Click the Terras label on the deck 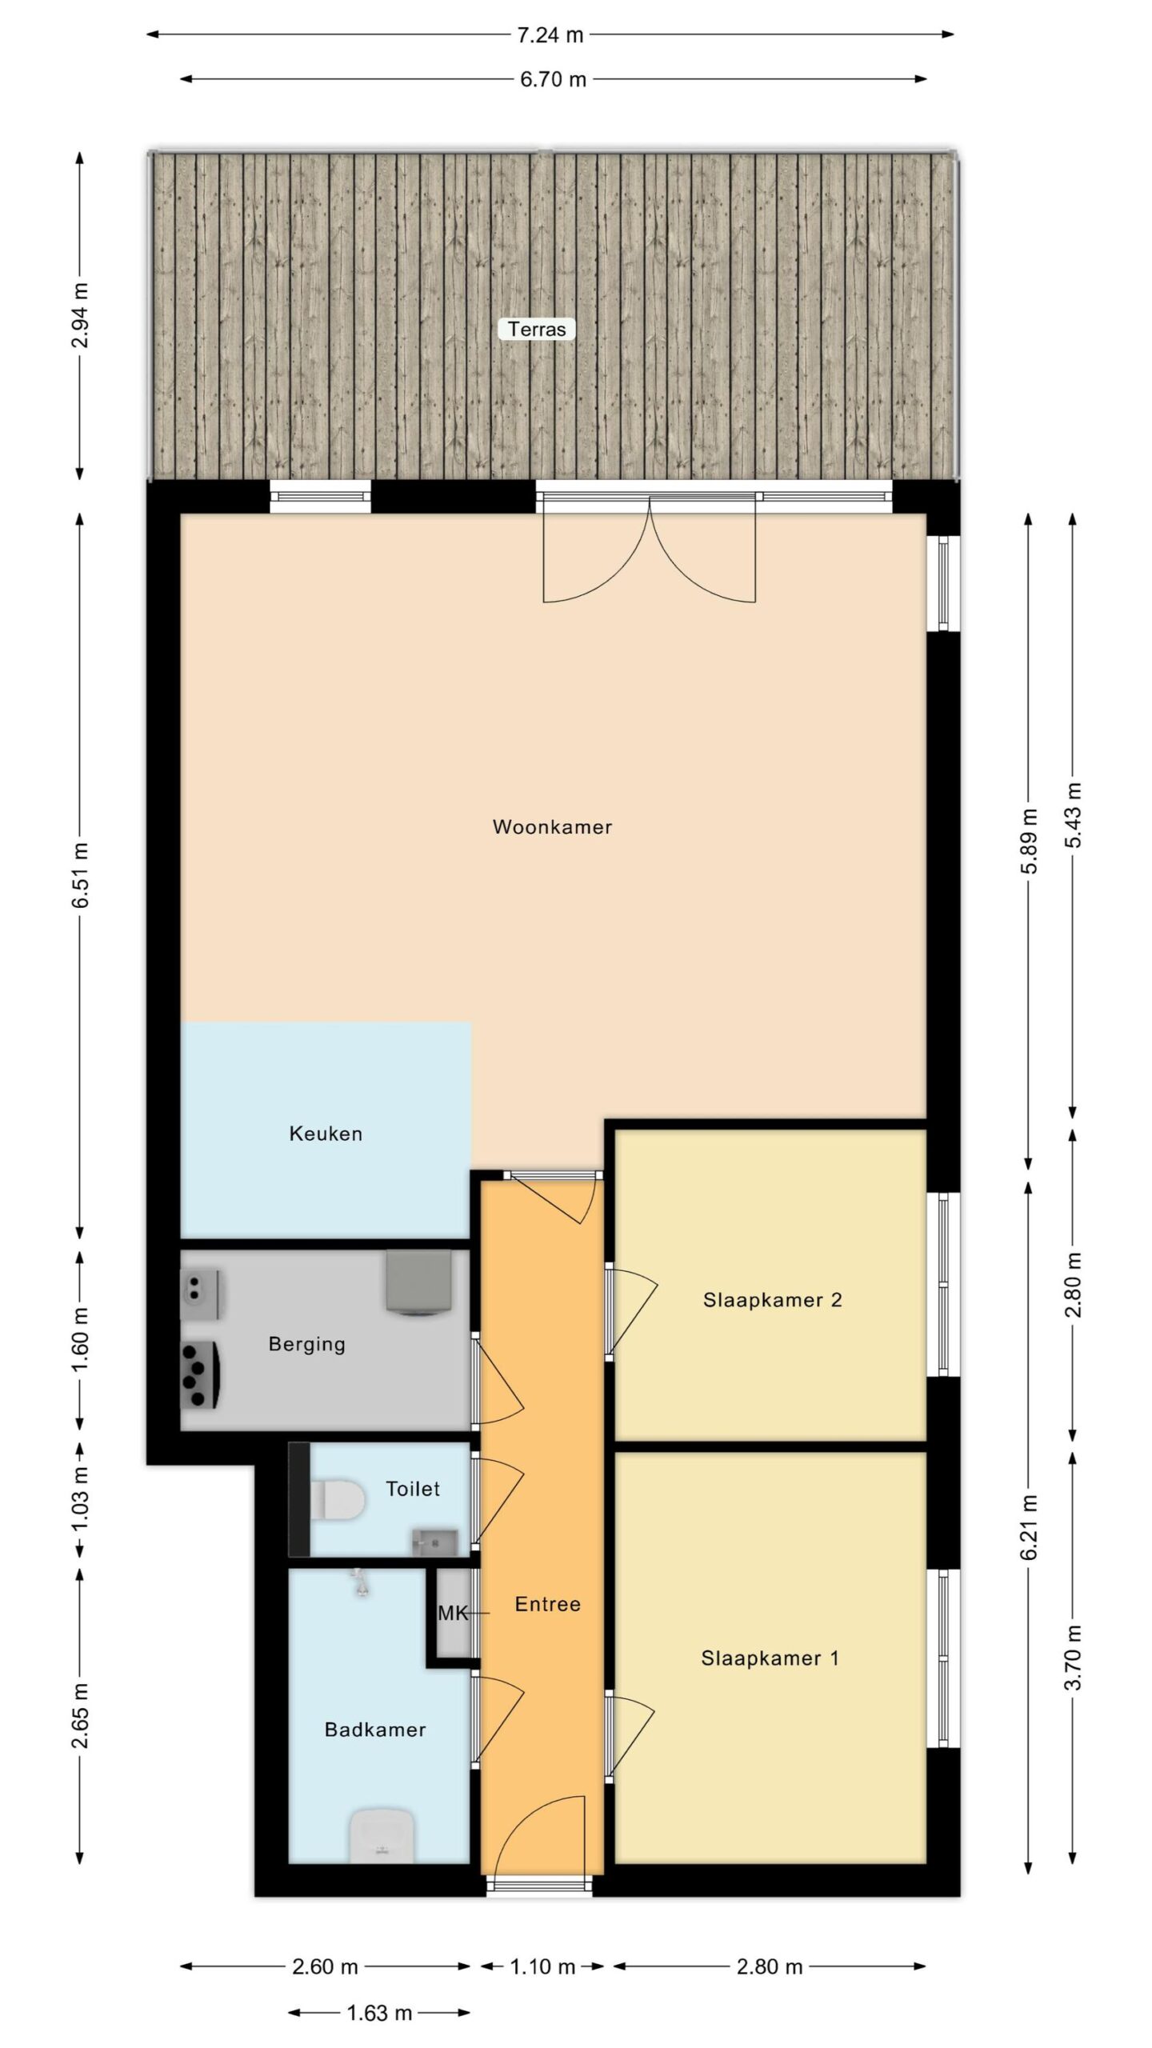(537, 329)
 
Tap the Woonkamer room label (552, 827)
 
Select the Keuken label (326, 1134)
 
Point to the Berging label (307, 1344)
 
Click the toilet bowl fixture (337, 1499)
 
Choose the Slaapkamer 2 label (772, 1300)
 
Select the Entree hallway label (547, 1604)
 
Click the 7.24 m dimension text (550, 34)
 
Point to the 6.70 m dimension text (553, 79)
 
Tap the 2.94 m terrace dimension (80, 316)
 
